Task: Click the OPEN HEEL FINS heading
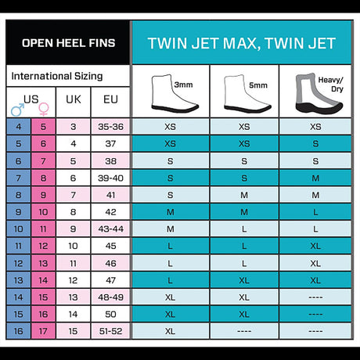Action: tap(68, 43)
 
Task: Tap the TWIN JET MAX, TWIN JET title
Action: tap(242, 43)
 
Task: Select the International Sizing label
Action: tap(57, 76)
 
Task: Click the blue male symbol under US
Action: tap(17, 110)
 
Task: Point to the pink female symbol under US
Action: tap(44, 110)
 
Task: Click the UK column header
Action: tap(74, 99)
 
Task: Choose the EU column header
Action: tap(110, 99)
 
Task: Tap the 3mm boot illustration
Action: tap(174, 94)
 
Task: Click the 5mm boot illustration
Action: tap(247, 94)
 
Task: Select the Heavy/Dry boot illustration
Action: tap(319, 94)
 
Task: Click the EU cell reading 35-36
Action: tap(110, 127)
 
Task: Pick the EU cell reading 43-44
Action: tap(110, 229)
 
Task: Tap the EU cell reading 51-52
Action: tap(110, 331)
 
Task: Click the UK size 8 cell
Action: tap(74, 212)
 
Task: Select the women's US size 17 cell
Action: tap(43, 331)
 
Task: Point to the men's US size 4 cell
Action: tap(19, 127)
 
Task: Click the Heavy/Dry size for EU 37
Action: tap(315, 144)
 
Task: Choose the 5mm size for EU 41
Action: tap(244, 195)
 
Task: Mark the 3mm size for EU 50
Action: tap(170, 315)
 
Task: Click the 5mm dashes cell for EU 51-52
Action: tap(244, 331)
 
